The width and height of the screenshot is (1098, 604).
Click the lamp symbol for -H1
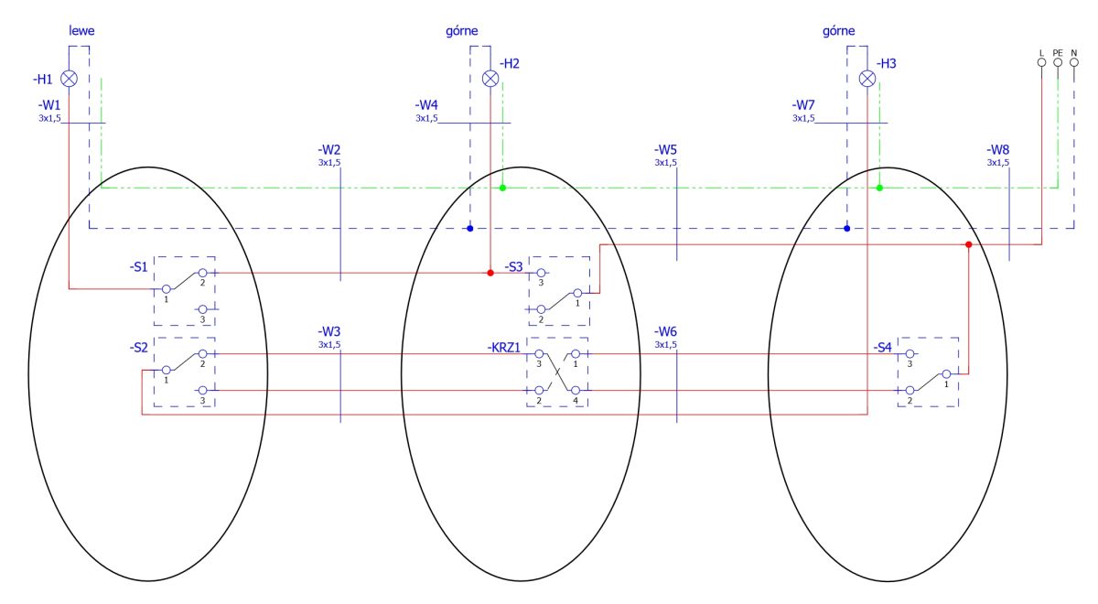pos(69,79)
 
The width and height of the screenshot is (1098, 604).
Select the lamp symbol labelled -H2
pos(490,79)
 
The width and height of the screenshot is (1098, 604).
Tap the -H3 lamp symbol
pos(867,79)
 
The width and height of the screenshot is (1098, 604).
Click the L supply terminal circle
pos(1041,62)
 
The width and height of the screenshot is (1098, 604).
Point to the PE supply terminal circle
pos(1058,62)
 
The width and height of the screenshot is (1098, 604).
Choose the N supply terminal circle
pos(1074,62)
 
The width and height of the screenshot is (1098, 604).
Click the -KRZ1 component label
pos(503,348)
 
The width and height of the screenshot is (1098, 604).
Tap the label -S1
pos(139,266)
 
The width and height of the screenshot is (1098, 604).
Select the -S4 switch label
pos(882,348)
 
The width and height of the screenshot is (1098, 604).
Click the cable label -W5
pos(665,149)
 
